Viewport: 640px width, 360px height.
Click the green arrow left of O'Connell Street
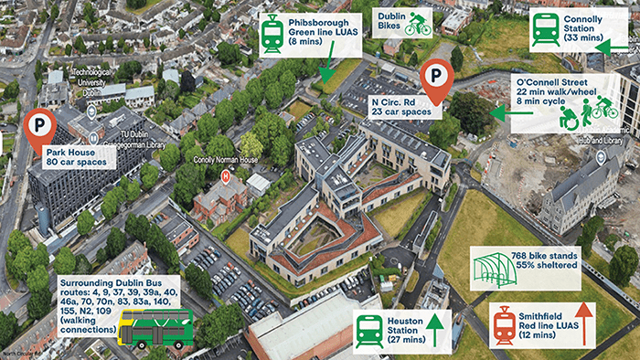click(x=498, y=111)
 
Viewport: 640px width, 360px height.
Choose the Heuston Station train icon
click(x=369, y=328)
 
